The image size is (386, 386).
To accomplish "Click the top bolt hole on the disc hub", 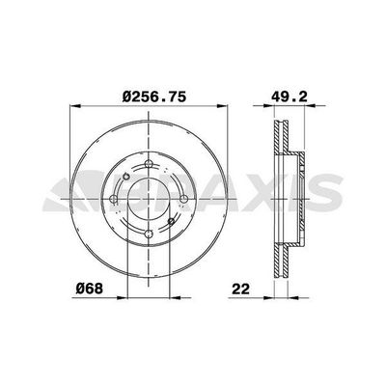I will pyautogui.click(x=146, y=167).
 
